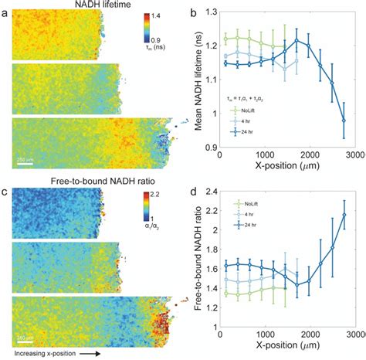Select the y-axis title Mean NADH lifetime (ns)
point(208,81)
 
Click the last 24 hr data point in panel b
point(344,121)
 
